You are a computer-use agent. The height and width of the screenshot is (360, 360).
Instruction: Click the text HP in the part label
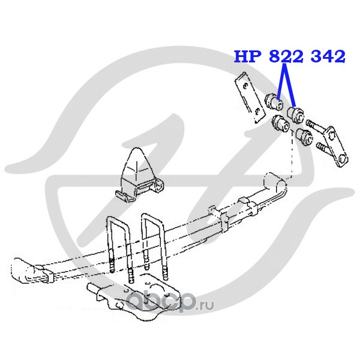click(244, 57)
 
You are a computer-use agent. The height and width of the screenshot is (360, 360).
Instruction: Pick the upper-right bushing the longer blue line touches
click(296, 112)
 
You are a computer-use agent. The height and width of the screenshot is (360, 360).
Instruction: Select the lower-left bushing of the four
click(278, 124)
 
